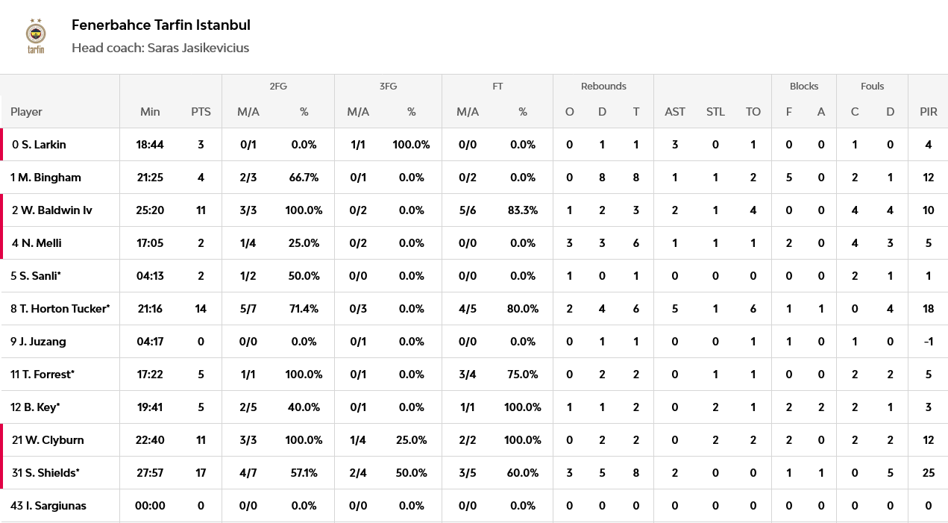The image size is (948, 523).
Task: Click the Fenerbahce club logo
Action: (x=36, y=36)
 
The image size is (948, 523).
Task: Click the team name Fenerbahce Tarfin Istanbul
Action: (x=161, y=25)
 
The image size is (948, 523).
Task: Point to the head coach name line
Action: (x=160, y=48)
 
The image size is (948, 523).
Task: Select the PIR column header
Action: (x=928, y=112)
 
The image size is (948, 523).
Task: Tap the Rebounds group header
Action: (x=603, y=86)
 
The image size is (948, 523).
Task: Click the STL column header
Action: (x=715, y=112)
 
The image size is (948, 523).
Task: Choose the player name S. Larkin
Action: (x=39, y=145)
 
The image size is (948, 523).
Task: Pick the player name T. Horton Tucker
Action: (x=60, y=309)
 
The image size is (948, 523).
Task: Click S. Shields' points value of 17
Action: (x=201, y=472)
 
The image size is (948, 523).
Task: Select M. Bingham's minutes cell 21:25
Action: (x=150, y=178)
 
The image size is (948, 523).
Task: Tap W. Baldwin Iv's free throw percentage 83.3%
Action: (x=523, y=210)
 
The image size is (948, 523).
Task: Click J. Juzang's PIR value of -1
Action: (x=928, y=341)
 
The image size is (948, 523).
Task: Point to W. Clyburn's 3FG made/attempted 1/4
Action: (x=357, y=440)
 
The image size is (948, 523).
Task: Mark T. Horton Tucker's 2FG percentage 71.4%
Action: (x=304, y=309)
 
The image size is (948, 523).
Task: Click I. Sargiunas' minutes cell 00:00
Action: (x=150, y=506)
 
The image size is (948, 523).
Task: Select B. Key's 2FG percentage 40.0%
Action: (x=304, y=407)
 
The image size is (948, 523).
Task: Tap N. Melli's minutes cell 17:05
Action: (x=150, y=243)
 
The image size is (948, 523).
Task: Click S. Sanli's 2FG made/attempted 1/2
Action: (x=248, y=276)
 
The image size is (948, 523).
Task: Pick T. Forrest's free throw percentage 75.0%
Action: (x=523, y=375)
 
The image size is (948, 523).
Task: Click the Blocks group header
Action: (x=804, y=86)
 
